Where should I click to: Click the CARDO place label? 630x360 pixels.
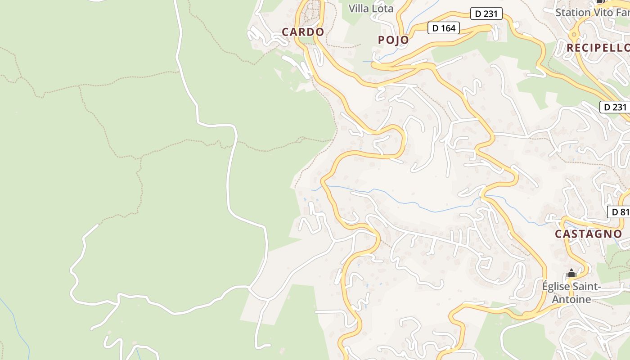[x=303, y=32]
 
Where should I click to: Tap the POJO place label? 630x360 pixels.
[x=393, y=40]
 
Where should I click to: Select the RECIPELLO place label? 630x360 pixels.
[x=598, y=48]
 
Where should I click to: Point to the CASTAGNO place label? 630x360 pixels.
[x=588, y=234]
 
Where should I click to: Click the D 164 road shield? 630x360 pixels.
[x=444, y=28]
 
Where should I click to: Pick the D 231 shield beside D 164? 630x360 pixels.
[x=486, y=14]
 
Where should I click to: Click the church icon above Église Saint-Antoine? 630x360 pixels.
[x=571, y=273]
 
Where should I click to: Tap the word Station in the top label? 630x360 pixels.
[x=573, y=12]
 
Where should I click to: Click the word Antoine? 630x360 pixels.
[x=571, y=299]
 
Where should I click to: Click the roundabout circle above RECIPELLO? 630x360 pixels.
[x=574, y=34]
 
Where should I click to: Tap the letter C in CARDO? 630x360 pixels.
[x=285, y=32]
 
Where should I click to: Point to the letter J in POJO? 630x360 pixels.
[x=399, y=40]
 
